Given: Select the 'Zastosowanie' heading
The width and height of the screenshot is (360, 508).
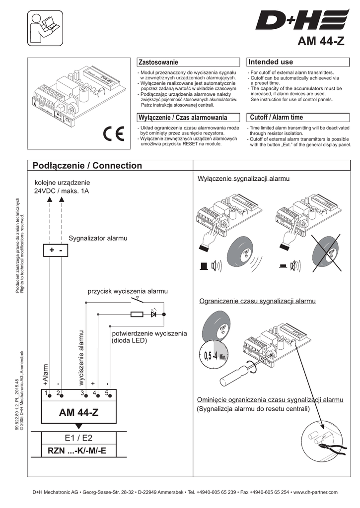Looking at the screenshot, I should (157, 62).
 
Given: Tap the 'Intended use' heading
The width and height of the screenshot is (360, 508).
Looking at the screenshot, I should (271, 62).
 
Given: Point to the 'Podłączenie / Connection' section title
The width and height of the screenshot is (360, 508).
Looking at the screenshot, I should (87, 166).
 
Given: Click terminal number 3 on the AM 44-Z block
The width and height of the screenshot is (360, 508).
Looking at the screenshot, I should (82, 393).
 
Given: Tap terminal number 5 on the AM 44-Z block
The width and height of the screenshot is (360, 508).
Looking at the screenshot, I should (107, 393).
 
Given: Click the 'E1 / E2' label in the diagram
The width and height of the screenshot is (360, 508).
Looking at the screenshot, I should (78, 438).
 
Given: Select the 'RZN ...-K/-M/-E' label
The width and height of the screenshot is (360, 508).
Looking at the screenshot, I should (77, 451).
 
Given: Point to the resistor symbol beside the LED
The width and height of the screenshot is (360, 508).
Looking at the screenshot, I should (137, 314).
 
